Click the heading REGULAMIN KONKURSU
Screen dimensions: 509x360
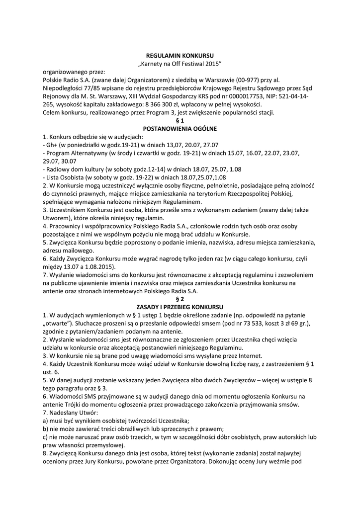tap(180, 56)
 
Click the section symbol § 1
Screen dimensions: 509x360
tap(180, 120)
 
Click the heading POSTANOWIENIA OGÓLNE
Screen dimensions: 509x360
tap(180, 129)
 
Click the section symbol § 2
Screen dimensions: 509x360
tap(180, 299)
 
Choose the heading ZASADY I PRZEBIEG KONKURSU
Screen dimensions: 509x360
tap(180, 307)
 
